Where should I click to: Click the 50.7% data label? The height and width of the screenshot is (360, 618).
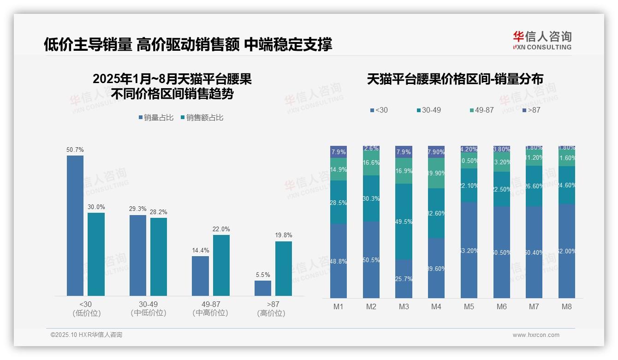(75, 150)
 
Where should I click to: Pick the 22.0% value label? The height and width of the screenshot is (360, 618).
(221, 229)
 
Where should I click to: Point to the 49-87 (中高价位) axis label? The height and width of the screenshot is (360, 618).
(211, 308)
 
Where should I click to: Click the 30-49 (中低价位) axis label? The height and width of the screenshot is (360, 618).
(148, 308)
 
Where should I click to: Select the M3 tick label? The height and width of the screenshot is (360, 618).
(404, 307)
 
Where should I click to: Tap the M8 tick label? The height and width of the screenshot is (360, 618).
(567, 307)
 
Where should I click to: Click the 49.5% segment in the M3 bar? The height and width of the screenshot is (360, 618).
(404, 222)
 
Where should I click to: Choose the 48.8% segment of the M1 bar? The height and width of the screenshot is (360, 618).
(339, 261)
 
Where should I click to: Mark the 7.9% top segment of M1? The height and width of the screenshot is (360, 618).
(339, 152)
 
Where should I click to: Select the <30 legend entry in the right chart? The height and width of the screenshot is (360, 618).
(379, 110)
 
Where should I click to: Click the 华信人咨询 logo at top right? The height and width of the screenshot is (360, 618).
(542, 41)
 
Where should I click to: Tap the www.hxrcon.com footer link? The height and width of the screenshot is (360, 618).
(536, 335)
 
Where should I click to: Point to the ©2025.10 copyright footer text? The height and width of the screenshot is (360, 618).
(86, 335)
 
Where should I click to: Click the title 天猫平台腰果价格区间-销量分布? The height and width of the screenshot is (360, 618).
(455, 79)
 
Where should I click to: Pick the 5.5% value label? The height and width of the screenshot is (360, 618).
(263, 275)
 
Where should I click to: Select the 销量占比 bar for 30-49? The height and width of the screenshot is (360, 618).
(138, 255)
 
